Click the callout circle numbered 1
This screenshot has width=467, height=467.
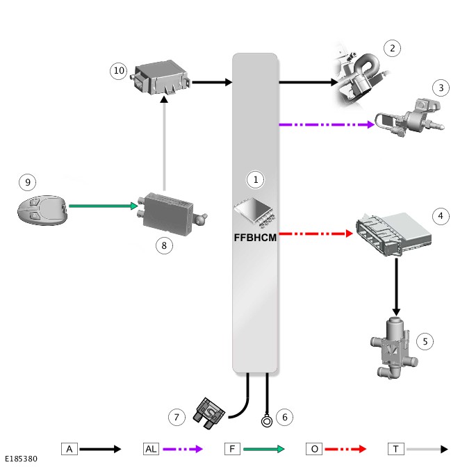point(256,179)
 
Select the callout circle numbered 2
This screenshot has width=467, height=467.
point(393,48)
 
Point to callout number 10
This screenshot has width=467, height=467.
point(119,70)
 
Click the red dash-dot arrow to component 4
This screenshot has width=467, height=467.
point(316,234)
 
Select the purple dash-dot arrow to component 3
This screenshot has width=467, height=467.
point(327,125)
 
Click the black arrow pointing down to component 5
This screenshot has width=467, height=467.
point(397,286)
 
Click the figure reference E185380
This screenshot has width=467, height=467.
point(20,459)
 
